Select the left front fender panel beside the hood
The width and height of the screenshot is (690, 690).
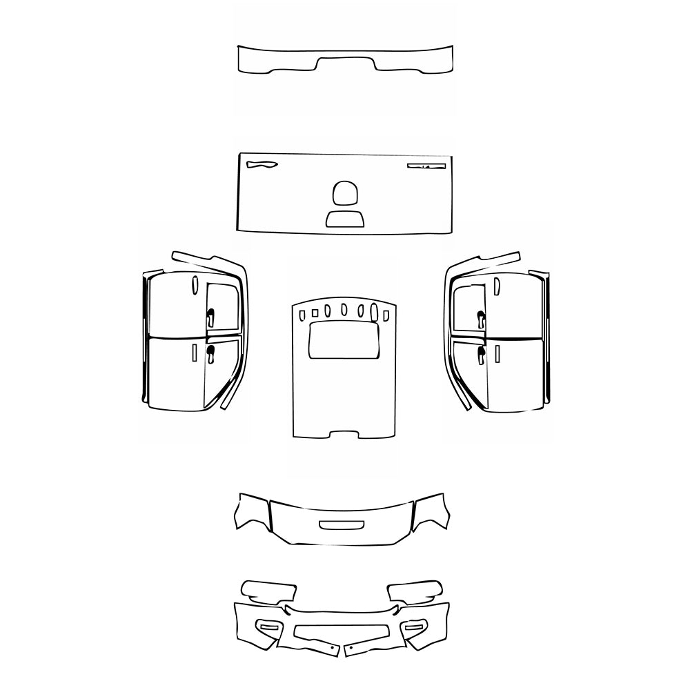[x=253, y=513]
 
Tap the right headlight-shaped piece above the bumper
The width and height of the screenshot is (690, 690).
[x=415, y=591]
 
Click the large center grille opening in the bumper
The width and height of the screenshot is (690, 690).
[x=342, y=631]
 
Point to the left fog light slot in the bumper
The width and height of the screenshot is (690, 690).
[x=267, y=627]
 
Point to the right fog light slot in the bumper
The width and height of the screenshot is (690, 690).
[x=415, y=627]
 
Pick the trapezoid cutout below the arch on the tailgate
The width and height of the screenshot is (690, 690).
[x=345, y=219]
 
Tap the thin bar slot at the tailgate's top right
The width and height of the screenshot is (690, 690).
[x=426, y=166]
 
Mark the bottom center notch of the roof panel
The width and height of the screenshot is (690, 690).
[x=344, y=435]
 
